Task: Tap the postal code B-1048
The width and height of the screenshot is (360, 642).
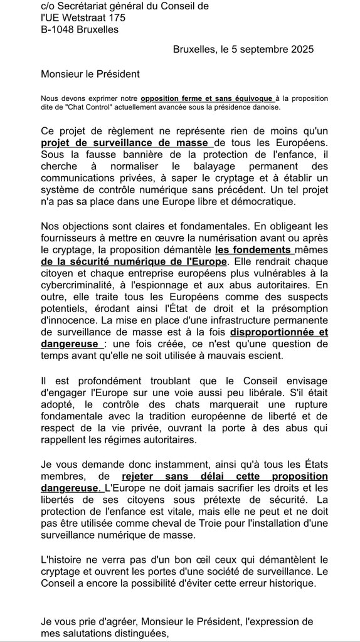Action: point(60,29)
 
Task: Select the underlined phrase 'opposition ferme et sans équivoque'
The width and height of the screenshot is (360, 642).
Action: point(206,98)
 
